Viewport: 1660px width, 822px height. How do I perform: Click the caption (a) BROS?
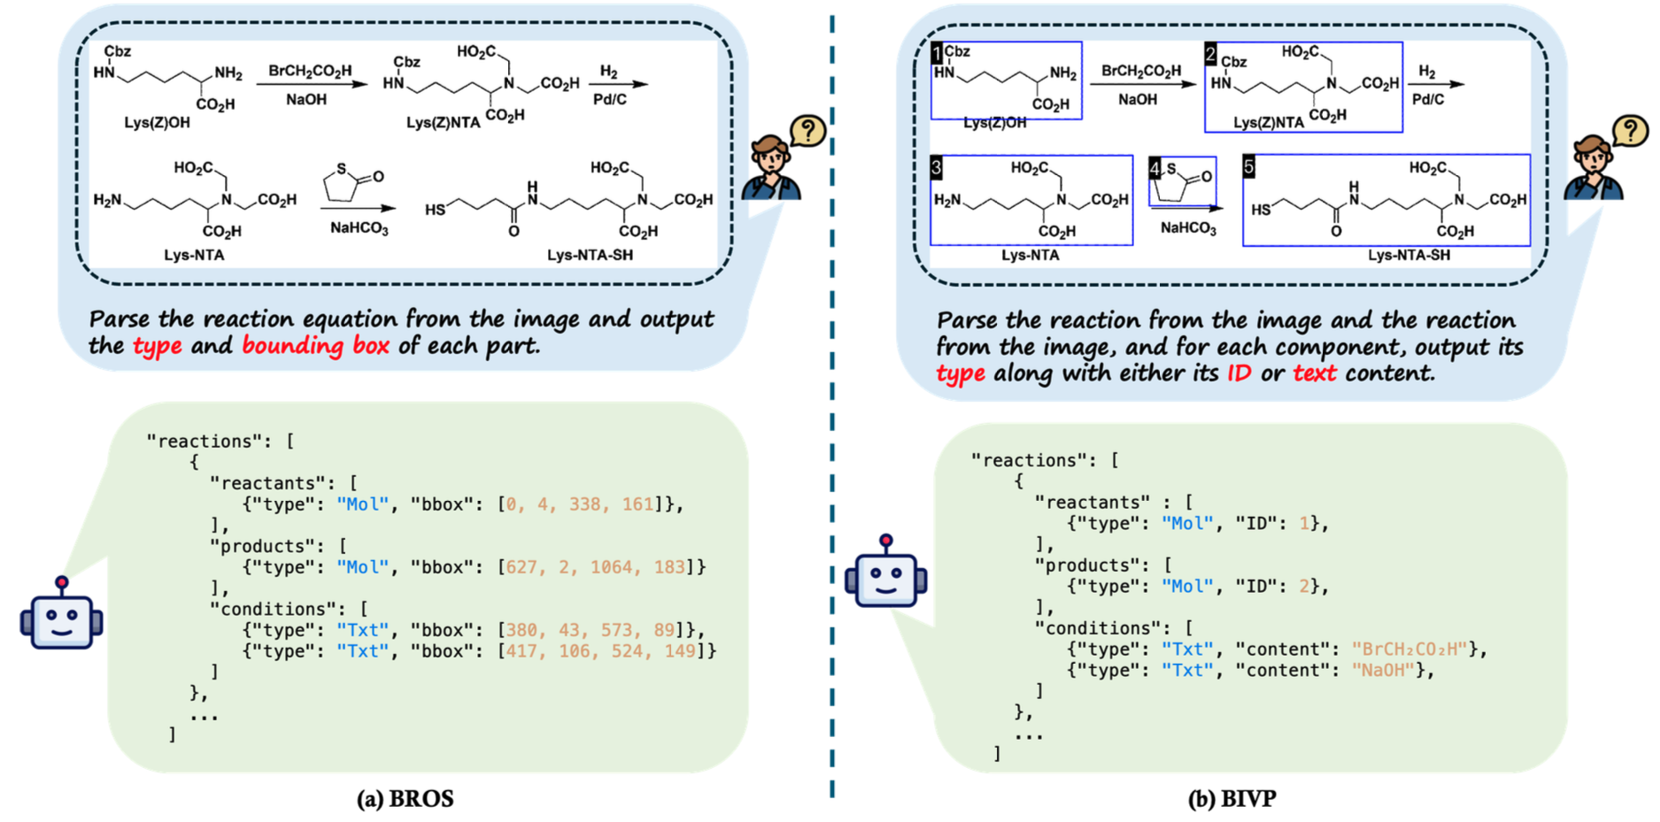coord(405,799)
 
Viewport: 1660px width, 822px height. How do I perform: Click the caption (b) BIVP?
coord(1231,799)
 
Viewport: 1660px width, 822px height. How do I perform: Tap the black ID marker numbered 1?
coord(938,53)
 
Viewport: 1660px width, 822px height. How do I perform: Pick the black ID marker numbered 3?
coord(937,167)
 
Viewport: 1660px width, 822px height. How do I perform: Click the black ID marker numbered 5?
coord(1248,166)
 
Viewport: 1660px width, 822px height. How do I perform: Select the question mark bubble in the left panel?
coord(807,131)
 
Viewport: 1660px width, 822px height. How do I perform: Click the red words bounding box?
coord(315,346)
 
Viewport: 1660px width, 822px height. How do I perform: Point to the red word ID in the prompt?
coord(1239,373)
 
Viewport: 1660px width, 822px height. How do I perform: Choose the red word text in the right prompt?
coord(1315,373)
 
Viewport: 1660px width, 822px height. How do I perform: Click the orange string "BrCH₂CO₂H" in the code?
coord(1409,649)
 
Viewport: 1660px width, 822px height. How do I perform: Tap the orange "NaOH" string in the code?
coord(1381,671)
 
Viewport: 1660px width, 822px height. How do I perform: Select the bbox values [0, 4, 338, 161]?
coord(580,504)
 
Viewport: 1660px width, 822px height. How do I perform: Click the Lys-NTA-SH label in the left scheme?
coord(590,255)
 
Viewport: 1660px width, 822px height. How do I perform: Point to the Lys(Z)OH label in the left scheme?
coord(157,122)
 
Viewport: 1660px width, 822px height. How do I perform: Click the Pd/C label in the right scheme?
coord(1428,99)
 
